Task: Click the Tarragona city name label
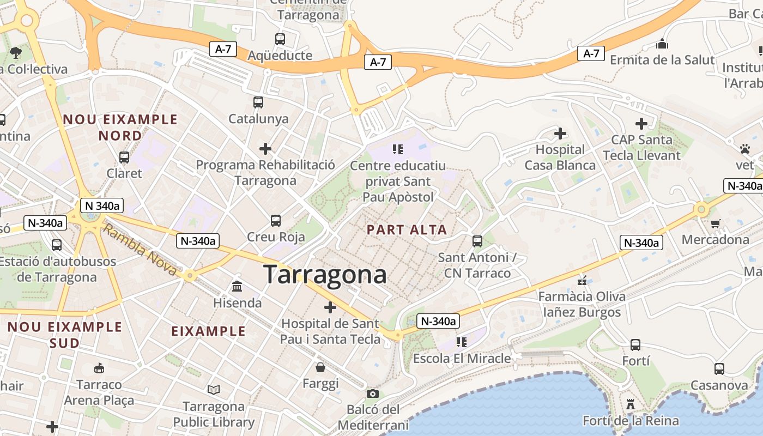(325, 274)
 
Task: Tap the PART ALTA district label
(407, 229)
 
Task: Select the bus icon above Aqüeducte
(280, 39)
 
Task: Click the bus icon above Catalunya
(258, 102)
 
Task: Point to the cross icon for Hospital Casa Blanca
(560, 133)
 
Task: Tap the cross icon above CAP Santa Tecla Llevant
(641, 124)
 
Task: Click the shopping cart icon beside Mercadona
(716, 223)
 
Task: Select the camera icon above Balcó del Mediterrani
(373, 393)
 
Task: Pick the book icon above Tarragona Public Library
(214, 390)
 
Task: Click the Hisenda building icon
(237, 286)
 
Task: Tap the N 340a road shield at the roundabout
(102, 205)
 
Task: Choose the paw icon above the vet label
(745, 148)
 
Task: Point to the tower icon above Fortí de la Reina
(631, 404)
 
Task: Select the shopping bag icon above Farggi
(320, 367)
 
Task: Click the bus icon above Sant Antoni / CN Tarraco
(477, 241)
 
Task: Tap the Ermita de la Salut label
(662, 59)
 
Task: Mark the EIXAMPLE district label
(208, 331)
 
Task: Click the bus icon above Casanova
(719, 369)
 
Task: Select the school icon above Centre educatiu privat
(397, 149)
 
